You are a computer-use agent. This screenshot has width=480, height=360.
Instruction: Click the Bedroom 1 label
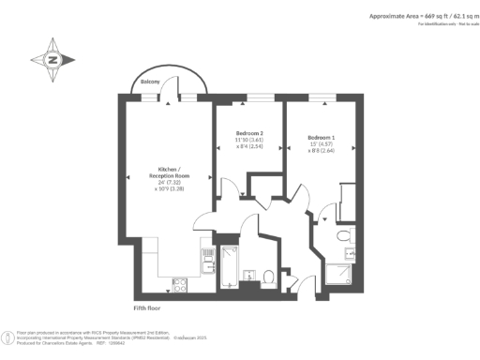pyautogui.click(x=321, y=138)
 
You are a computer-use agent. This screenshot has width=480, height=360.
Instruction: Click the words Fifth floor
pyautogui.click(x=148, y=307)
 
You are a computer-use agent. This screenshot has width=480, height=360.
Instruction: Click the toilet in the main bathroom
pyautogui.click(x=268, y=277)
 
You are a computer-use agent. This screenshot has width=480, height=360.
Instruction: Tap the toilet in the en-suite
pyautogui.click(x=346, y=235)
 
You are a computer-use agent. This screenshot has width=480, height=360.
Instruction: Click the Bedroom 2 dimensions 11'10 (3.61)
pyautogui.click(x=249, y=141)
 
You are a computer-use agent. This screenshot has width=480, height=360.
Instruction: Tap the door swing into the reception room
pyautogui.click(x=202, y=221)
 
